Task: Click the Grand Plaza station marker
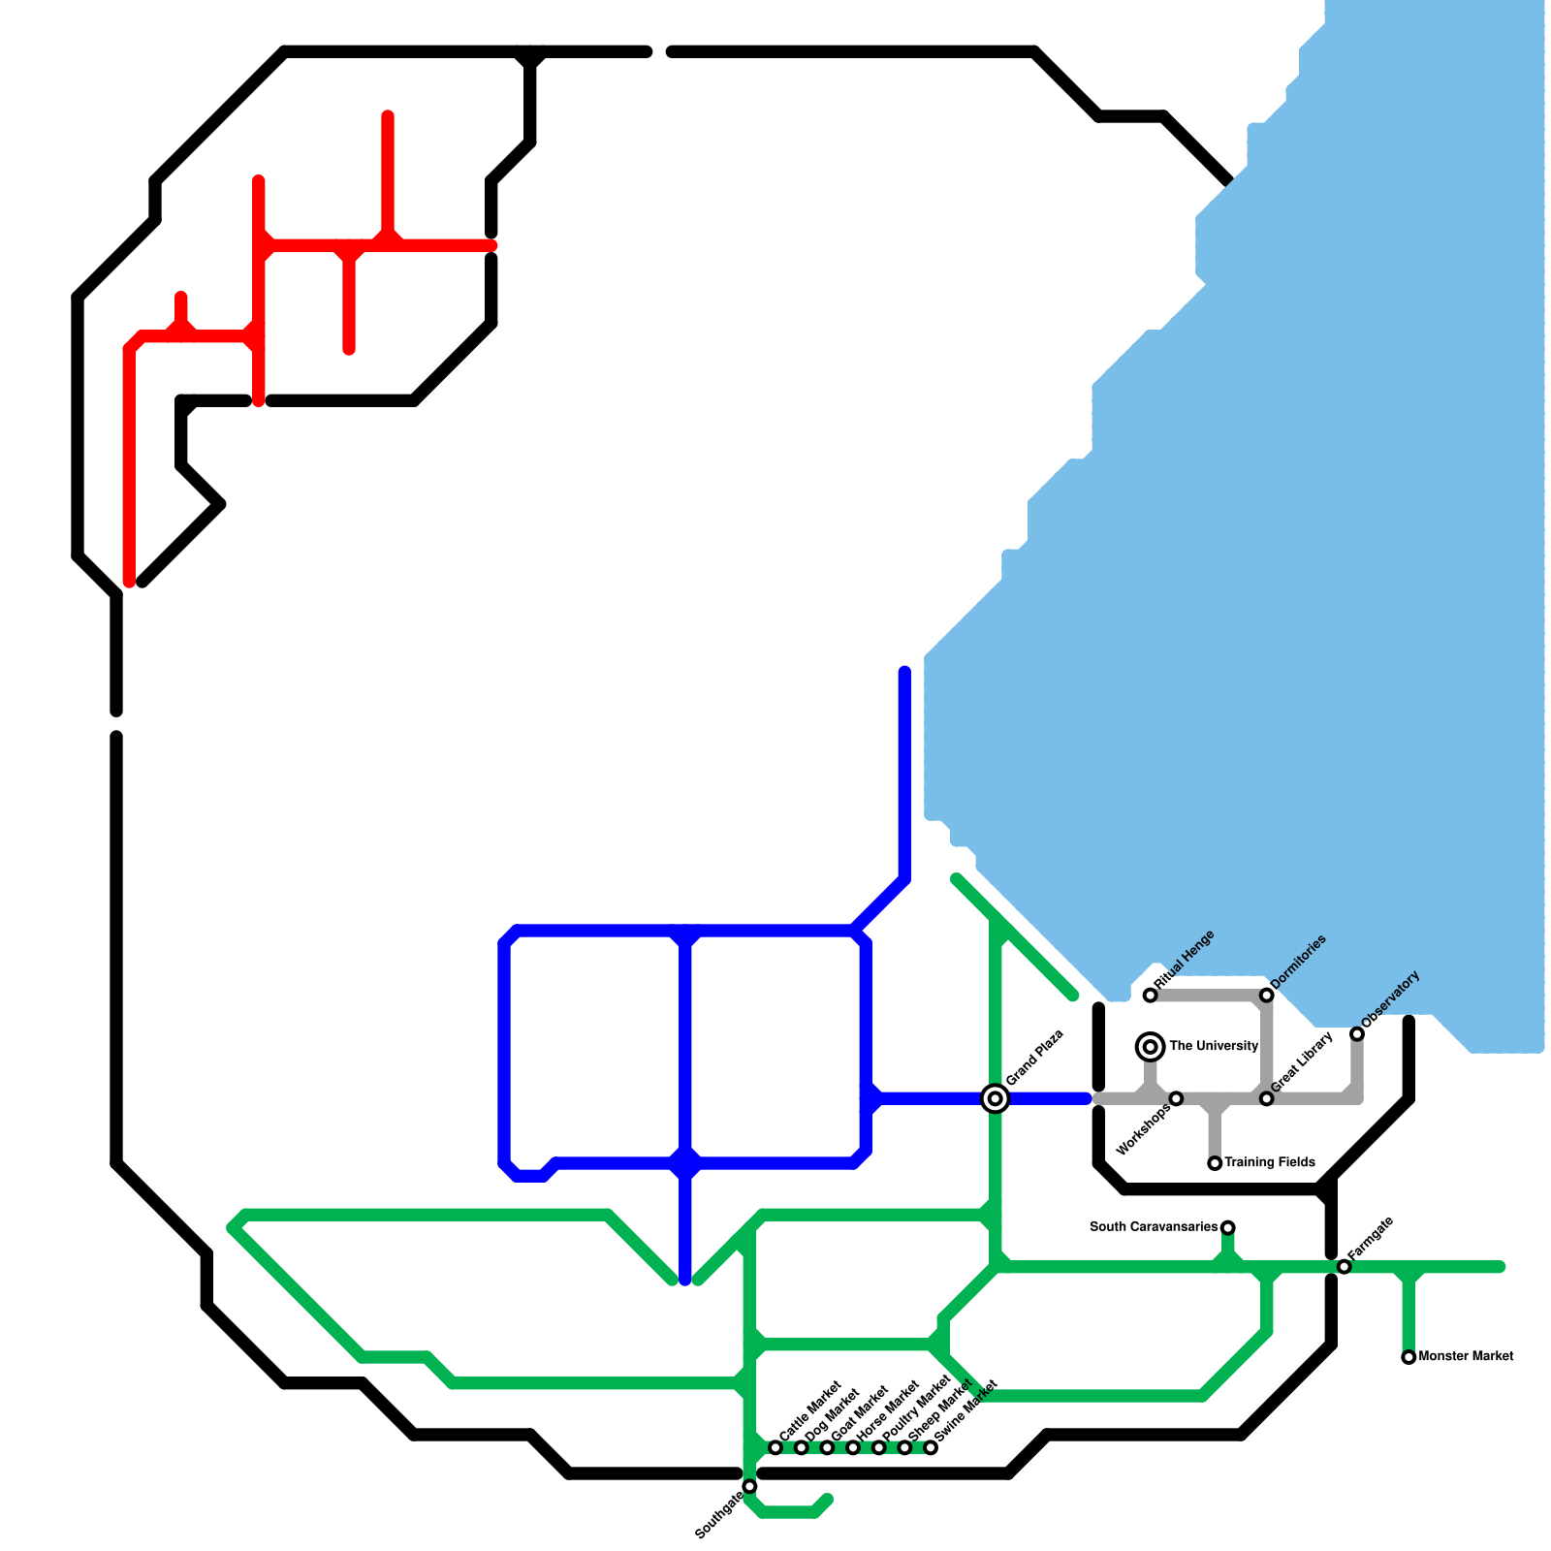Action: point(995,1098)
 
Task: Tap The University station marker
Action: point(1150,1047)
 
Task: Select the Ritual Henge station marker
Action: point(1150,996)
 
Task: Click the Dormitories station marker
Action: point(1266,996)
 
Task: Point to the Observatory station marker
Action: point(1357,1034)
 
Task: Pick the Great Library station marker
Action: point(1266,1098)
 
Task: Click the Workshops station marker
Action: point(1176,1098)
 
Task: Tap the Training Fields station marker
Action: point(1215,1163)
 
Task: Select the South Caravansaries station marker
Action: point(1227,1228)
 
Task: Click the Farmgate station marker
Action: point(1344,1267)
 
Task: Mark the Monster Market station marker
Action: point(1409,1357)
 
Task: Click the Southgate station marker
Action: point(749,1486)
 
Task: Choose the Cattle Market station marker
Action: point(775,1448)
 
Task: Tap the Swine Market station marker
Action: point(931,1448)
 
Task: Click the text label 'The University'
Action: point(1214,1046)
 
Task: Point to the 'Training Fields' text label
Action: point(1270,1162)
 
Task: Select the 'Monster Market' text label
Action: point(1466,1356)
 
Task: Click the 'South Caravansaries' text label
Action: point(1153,1227)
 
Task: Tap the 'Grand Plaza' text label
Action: point(1035,1058)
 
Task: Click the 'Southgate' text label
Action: point(719,1515)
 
